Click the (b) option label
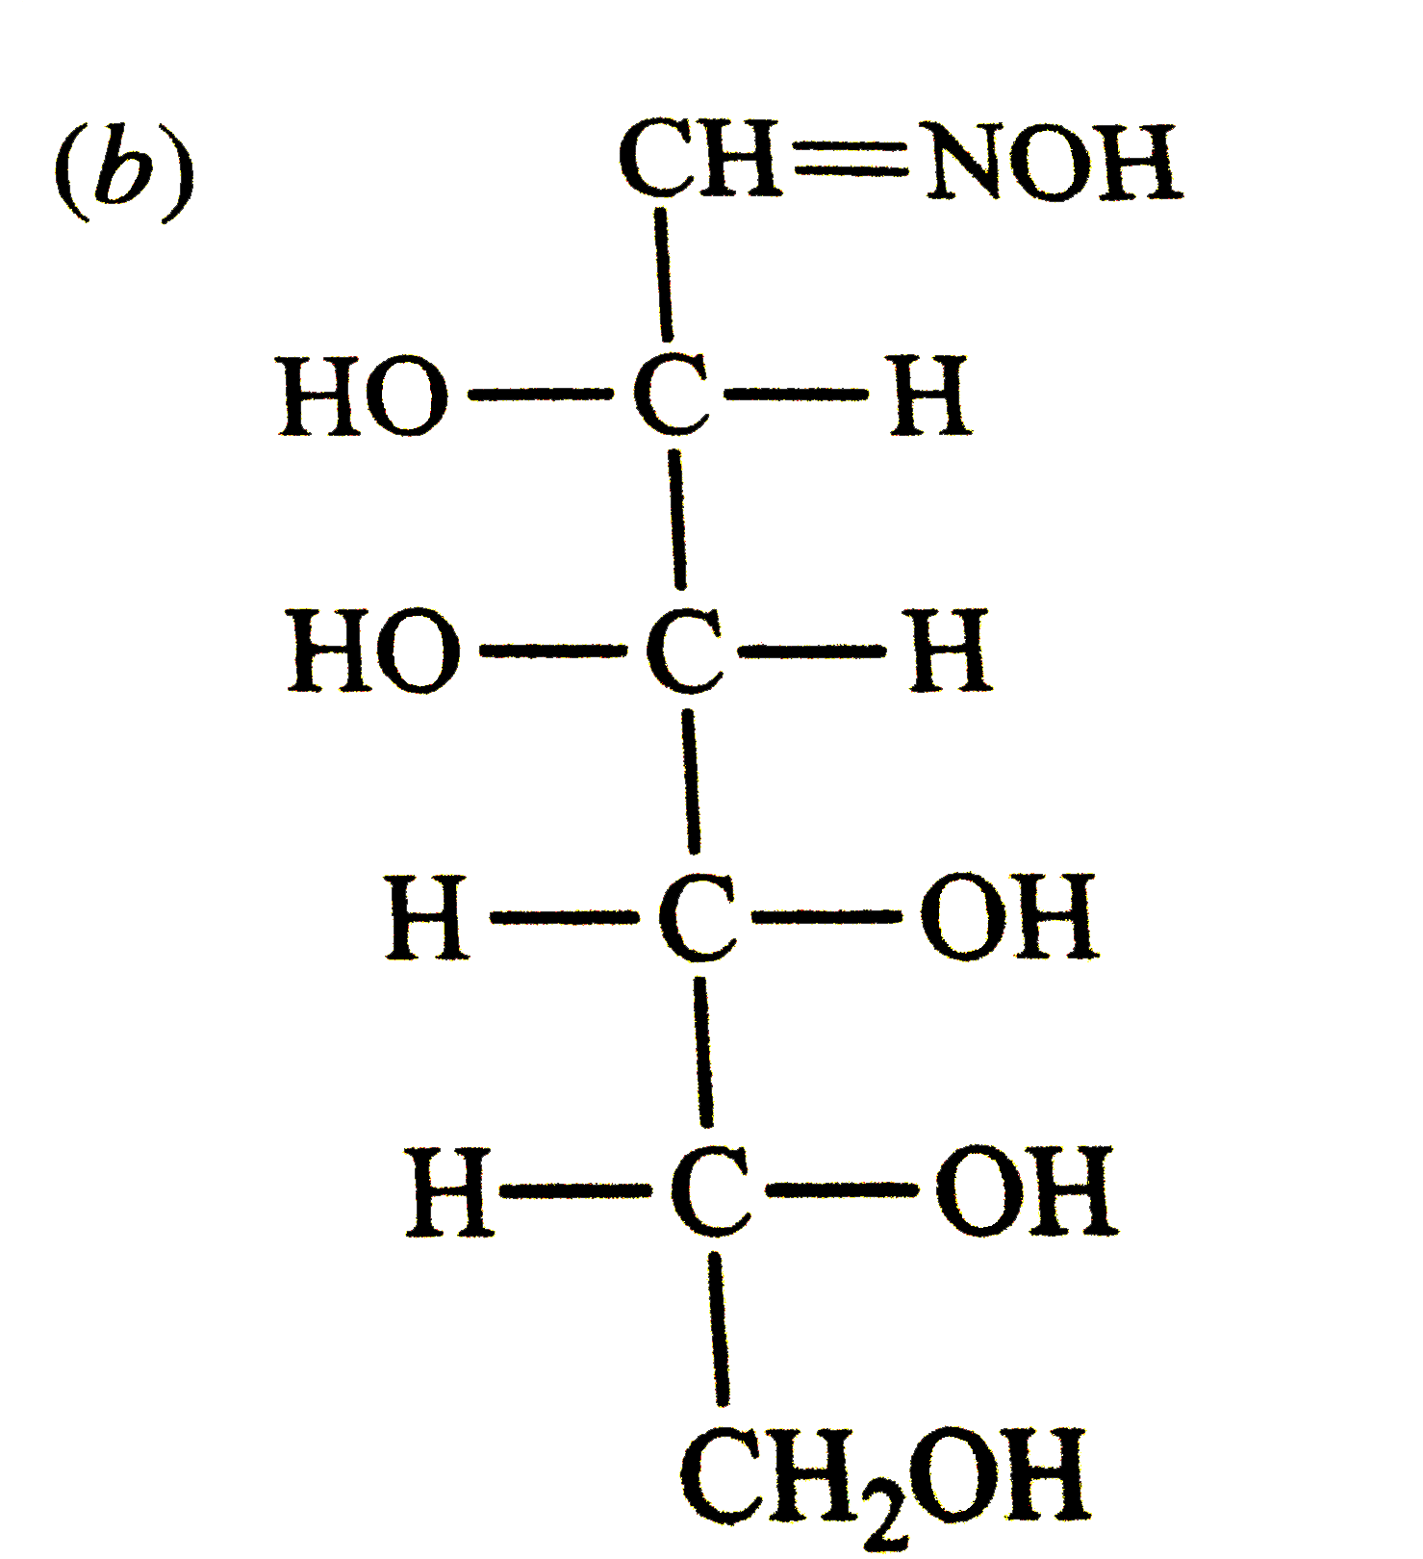(x=122, y=170)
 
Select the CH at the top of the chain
(x=700, y=161)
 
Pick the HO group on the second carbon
(x=363, y=396)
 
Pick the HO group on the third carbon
(x=374, y=652)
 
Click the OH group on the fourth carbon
(x=1008, y=917)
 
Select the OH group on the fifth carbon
(x=1026, y=1191)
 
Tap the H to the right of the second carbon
(x=929, y=396)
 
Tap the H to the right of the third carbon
(x=950, y=652)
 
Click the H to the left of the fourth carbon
(x=427, y=917)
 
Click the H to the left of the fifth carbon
(x=449, y=1191)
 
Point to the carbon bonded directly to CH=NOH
(x=672, y=396)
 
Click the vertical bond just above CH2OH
(x=719, y=1328)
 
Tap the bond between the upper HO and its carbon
(x=540, y=395)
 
